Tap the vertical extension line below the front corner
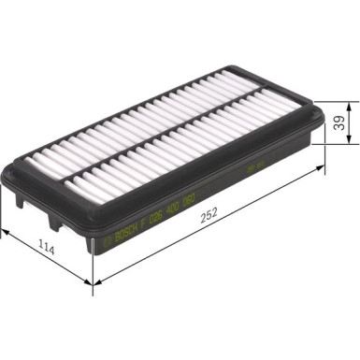click(94, 266)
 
